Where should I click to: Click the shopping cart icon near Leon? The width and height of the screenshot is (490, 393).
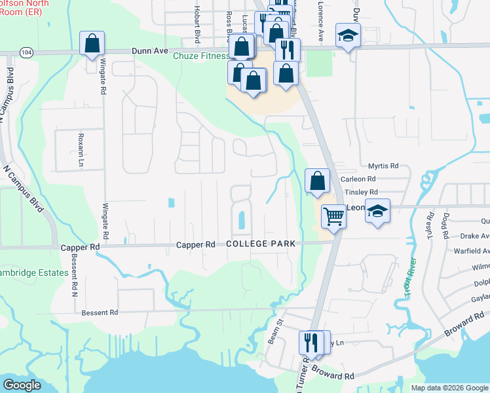pos(334,215)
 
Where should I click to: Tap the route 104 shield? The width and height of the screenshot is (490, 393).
pos(26,51)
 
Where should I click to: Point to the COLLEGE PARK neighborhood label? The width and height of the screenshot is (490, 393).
pos(261,244)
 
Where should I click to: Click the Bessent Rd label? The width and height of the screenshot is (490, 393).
pos(100,312)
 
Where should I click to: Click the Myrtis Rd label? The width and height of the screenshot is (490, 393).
pos(383,166)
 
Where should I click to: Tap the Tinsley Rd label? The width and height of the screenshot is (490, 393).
pos(361,192)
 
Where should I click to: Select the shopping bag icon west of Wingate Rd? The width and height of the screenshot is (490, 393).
pos(92,44)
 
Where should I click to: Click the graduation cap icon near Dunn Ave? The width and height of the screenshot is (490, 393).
pos(349,35)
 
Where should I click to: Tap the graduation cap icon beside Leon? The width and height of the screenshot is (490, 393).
pos(377,211)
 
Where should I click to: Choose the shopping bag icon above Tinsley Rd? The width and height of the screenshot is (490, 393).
pos(317,180)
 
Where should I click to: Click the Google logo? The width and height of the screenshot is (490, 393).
pos(22,385)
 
